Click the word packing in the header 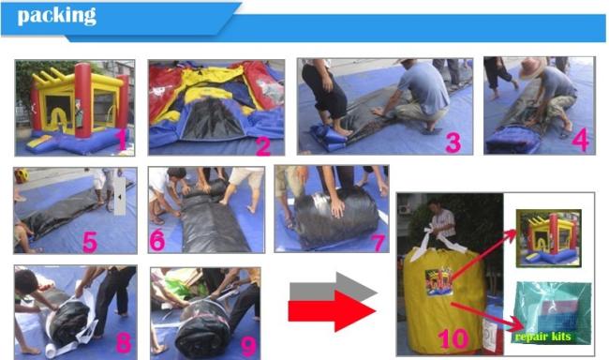click(x=57, y=16)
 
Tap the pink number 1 click(x=122, y=141)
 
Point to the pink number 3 click(x=453, y=142)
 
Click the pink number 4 click(x=580, y=140)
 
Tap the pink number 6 click(x=157, y=242)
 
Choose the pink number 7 click(x=378, y=243)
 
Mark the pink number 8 click(x=124, y=344)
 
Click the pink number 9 click(x=248, y=346)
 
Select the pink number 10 click(x=453, y=338)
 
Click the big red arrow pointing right click(x=332, y=311)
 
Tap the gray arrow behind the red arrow click(x=334, y=286)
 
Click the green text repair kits click(x=543, y=336)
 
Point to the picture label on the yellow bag click(x=438, y=281)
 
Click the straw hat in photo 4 click(x=533, y=67)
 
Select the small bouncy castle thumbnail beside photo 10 click(x=548, y=238)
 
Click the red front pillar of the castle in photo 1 click(x=82, y=100)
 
